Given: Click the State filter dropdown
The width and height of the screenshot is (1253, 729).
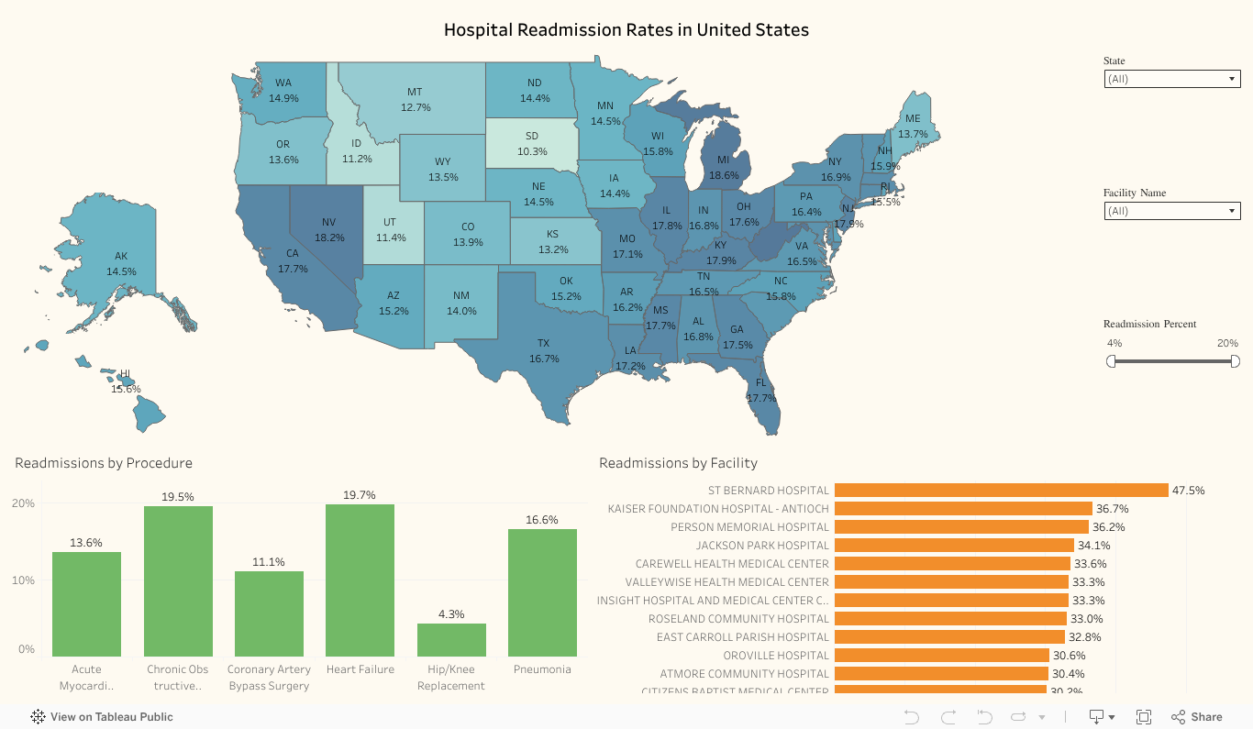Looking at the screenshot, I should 1171,79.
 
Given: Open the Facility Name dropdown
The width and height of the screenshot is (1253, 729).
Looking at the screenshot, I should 1171,211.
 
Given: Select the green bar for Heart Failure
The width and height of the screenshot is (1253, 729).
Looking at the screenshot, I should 360,580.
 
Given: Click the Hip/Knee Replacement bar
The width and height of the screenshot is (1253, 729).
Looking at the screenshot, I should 451,639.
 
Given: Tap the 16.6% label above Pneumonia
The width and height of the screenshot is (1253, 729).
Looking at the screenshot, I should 542,520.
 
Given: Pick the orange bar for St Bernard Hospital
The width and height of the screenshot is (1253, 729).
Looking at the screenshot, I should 1000,491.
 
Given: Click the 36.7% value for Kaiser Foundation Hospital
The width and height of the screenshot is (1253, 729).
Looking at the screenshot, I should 1112,509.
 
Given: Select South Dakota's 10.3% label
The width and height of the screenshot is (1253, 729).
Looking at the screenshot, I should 532,151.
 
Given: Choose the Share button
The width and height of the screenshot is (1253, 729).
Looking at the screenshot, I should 1197,717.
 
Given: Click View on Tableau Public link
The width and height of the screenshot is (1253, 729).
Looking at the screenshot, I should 102,717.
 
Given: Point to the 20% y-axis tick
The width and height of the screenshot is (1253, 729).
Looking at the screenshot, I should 23,503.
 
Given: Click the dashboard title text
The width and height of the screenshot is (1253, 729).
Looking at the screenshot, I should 626,30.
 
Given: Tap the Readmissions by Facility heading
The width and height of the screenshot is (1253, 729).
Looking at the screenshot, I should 678,463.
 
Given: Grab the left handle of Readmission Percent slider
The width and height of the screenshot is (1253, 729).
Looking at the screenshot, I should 1111,361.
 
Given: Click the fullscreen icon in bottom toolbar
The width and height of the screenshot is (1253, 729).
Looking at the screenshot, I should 1144,717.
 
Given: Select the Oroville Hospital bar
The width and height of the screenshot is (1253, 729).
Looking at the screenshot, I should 941,656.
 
